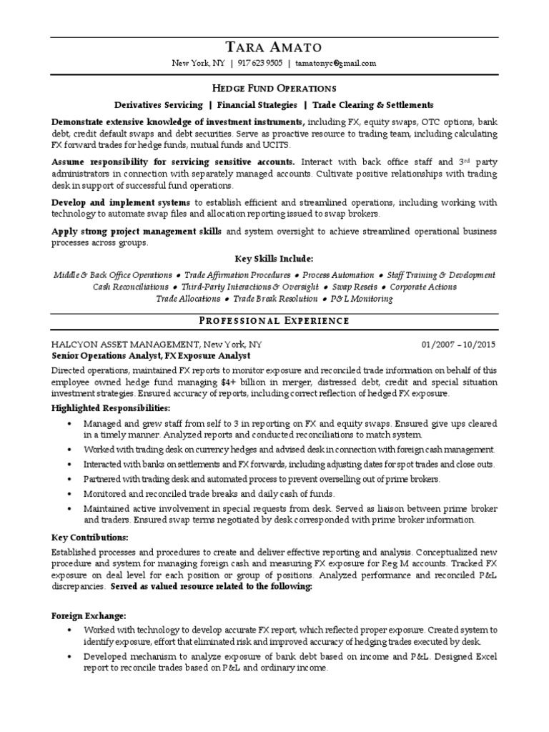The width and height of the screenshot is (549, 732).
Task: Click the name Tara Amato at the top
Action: (x=274, y=47)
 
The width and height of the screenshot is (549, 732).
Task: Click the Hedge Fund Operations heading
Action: (x=274, y=89)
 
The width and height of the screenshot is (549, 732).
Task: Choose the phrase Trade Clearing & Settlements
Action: (x=372, y=104)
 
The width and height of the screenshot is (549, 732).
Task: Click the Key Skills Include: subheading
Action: (x=274, y=258)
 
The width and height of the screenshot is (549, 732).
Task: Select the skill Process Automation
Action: (x=338, y=275)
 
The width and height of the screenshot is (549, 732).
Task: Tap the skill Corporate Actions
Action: (x=423, y=287)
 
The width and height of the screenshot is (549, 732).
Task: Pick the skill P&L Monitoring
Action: (x=362, y=299)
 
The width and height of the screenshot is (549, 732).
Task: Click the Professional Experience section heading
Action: (x=274, y=321)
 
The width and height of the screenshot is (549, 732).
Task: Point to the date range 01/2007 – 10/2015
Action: (x=458, y=345)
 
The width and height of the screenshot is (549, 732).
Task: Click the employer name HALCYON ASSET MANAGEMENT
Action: (x=125, y=345)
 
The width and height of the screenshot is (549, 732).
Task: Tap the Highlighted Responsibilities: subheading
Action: (x=111, y=408)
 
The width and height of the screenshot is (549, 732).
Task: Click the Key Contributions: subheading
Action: (x=90, y=537)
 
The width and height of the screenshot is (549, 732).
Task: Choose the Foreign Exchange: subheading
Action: (x=89, y=615)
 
